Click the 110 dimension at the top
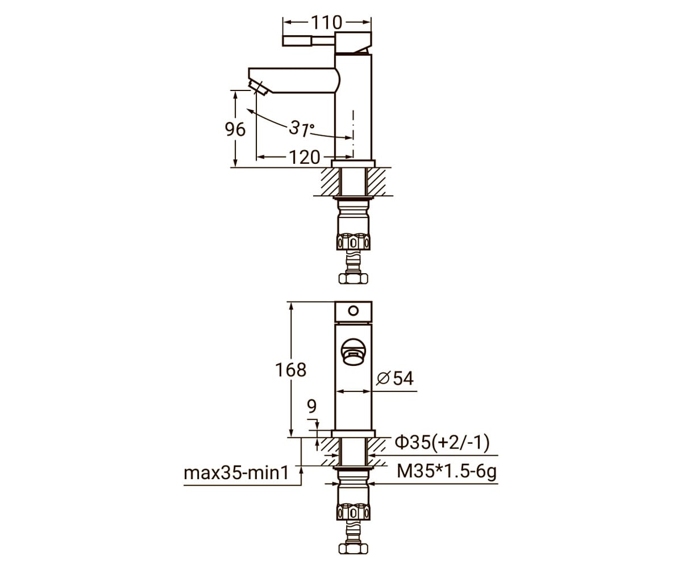tap(326, 23)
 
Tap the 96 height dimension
tap(235, 129)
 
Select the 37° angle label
tap(301, 128)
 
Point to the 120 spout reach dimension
tap(305, 157)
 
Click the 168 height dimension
tap(290, 370)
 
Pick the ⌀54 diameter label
tap(395, 378)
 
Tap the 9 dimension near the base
tap(312, 406)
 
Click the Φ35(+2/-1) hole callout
tap(442, 442)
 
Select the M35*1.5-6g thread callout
tap(447, 472)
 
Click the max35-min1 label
tap(236, 473)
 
